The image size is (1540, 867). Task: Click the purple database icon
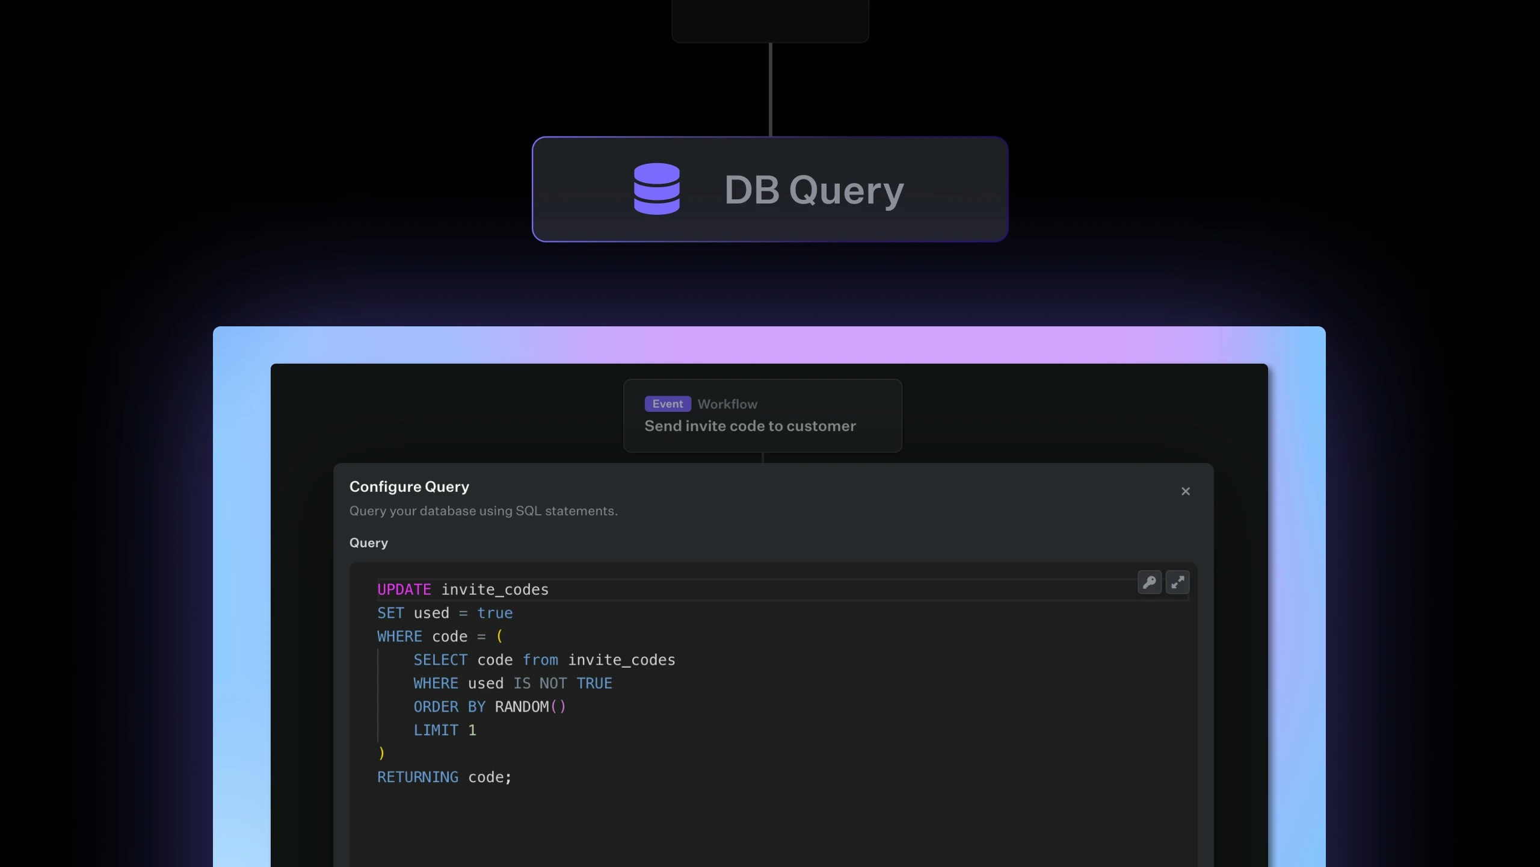[x=656, y=188]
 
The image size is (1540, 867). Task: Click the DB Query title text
[x=814, y=190]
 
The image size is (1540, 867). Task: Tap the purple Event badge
[x=667, y=404]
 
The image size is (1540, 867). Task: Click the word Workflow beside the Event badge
[x=727, y=405]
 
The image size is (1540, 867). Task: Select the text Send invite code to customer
[x=750, y=426]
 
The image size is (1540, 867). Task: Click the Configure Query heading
[x=409, y=486]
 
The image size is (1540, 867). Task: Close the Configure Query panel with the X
[x=1185, y=491]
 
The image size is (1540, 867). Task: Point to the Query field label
[x=368, y=542]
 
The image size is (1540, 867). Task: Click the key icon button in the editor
[x=1149, y=582]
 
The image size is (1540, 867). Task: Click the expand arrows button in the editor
[x=1177, y=582]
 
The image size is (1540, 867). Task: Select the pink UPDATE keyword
[x=404, y=589]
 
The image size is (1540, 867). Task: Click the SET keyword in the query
[x=390, y=613]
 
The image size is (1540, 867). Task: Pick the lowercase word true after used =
[x=494, y=613]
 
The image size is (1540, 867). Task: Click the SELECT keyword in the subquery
[x=440, y=660]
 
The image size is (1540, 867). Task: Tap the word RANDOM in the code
[x=522, y=707]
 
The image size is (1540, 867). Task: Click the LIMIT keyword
[x=436, y=730]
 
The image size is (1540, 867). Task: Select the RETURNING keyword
[x=417, y=777]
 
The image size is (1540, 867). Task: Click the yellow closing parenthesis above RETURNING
[x=381, y=753]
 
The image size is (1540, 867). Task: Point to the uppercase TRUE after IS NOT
[x=594, y=683]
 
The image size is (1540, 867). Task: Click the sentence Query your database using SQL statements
[x=483, y=511]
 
